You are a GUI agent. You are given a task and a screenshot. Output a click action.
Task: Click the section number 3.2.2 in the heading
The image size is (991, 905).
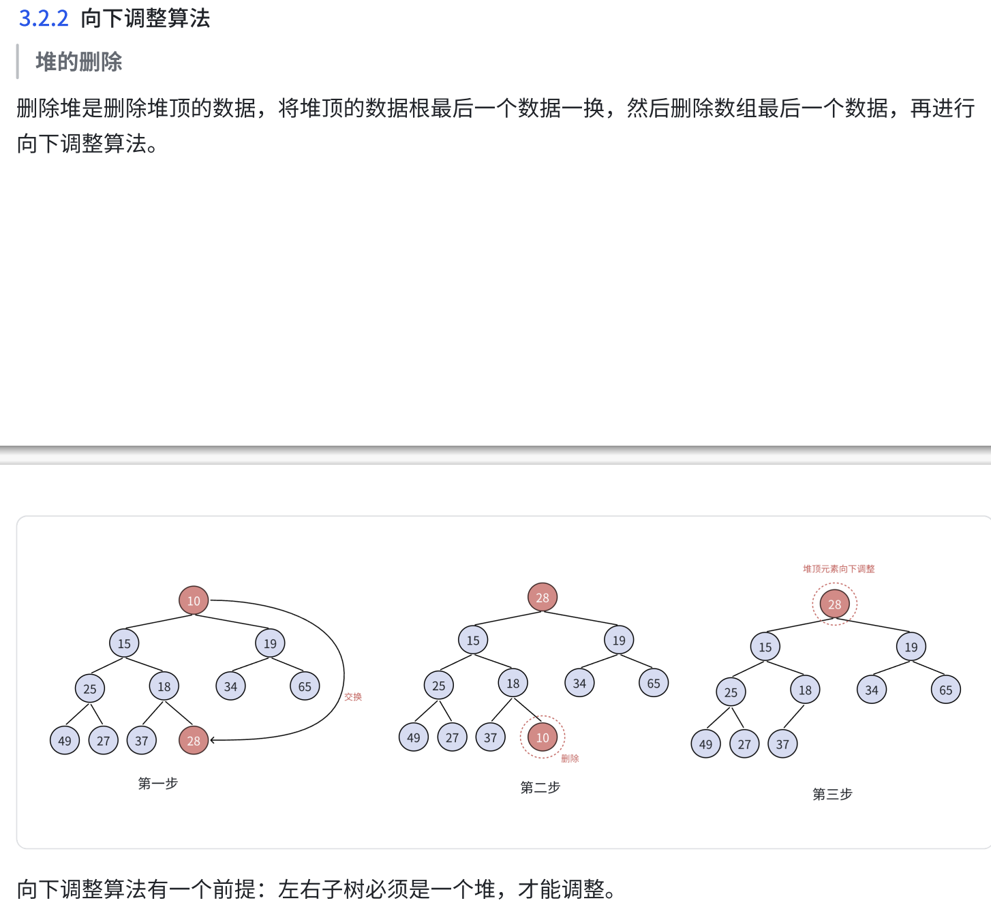tap(44, 18)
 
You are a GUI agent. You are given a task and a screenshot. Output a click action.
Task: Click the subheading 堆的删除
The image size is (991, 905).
tap(78, 62)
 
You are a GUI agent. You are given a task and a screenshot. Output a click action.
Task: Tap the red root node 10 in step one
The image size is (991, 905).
tap(194, 600)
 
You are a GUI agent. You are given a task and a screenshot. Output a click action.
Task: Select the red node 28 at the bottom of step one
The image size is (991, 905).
tap(194, 741)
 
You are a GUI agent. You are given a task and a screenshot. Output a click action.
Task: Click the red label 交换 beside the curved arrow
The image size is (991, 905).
tap(353, 696)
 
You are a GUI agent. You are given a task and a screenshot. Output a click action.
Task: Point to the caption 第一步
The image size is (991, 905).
tap(157, 784)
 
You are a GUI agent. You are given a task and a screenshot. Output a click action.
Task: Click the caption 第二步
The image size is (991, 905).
tap(540, 788)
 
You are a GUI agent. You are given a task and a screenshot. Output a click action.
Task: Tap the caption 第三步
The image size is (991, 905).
tap(832, 795)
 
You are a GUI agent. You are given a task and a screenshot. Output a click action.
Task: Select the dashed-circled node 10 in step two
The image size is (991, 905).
tap(543, 737)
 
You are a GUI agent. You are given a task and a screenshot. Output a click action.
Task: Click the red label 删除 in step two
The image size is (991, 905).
tap(570, 758)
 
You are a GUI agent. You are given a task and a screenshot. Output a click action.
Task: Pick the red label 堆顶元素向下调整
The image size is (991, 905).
tap(838, 569)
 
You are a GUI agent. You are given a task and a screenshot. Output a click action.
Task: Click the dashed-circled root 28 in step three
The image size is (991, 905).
tap(834, 604)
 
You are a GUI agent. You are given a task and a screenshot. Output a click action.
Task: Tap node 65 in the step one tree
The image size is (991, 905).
tap(305, 686)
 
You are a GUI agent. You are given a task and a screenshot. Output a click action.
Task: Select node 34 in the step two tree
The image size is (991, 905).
tap(579, 683)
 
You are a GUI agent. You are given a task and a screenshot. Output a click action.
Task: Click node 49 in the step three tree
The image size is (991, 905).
tap(705, 744)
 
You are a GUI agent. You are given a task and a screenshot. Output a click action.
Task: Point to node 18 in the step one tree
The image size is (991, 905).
tap(164, 686)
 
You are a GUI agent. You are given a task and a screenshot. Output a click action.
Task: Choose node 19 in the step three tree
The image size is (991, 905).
tap(911, 647)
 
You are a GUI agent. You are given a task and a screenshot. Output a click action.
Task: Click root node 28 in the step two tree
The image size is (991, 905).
tap(543, 598)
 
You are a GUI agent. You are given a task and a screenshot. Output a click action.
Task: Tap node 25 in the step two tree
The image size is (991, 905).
tap(438, 686)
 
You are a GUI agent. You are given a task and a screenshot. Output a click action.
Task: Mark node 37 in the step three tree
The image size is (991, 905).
tap(782, 744)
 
